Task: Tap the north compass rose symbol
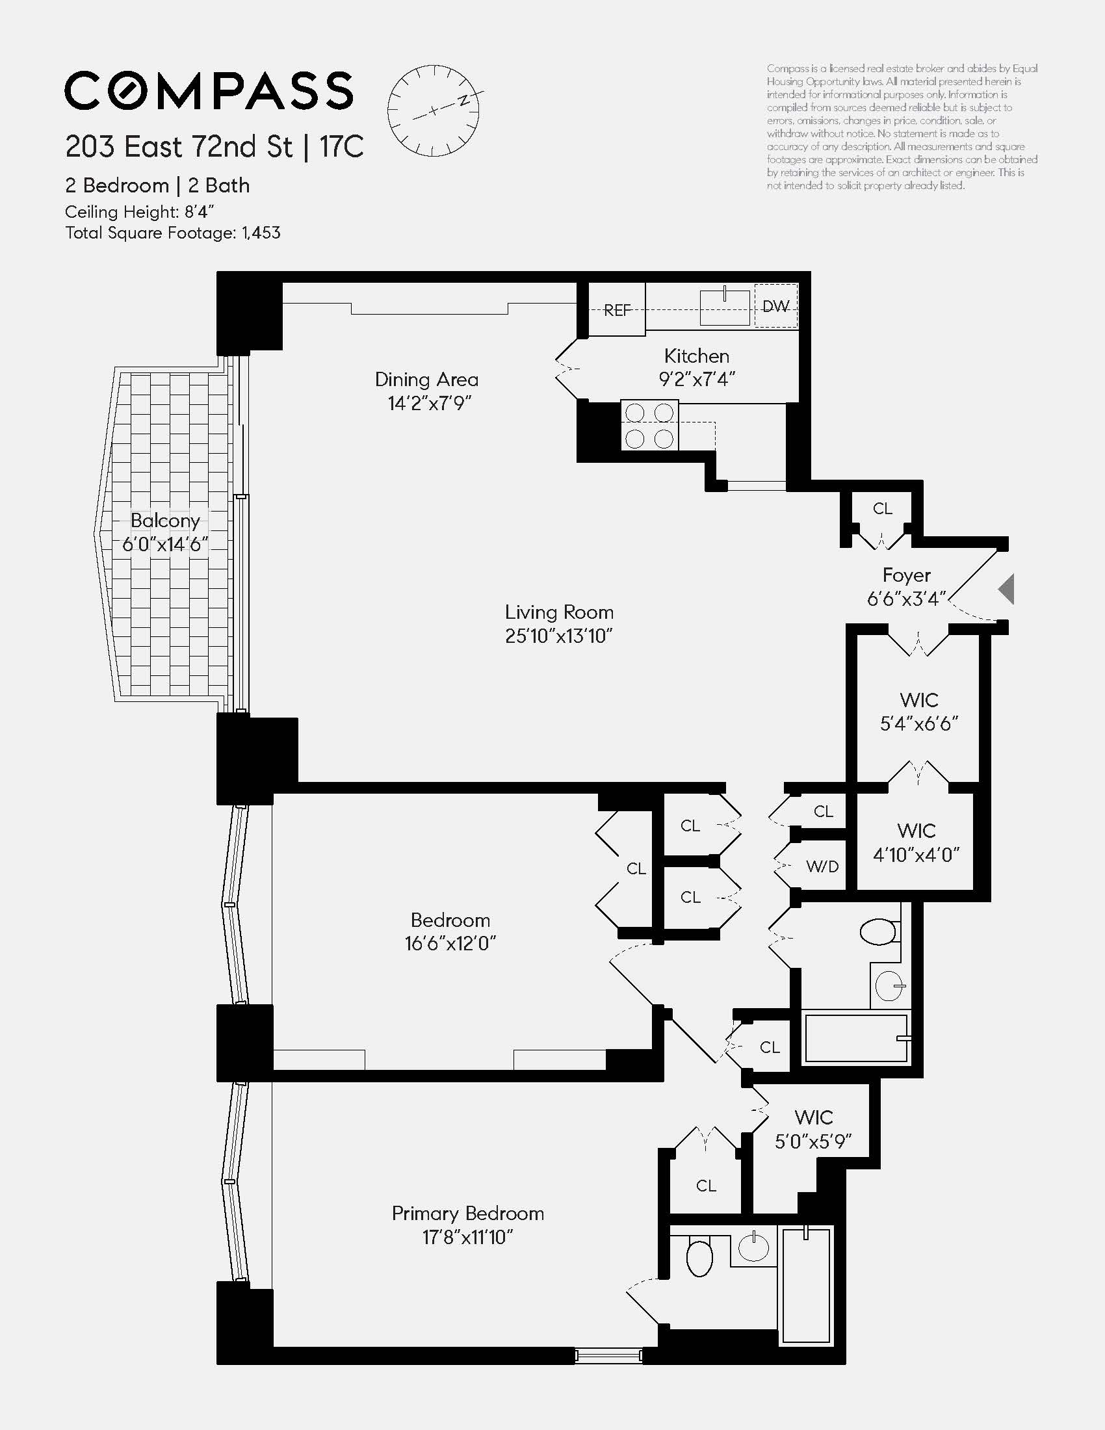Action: pyautogui.click(x=433, y=110)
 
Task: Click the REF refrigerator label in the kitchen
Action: pyautogui.click(x=617, y=309)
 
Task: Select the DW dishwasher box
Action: pyautogui.click(x=775, y=305)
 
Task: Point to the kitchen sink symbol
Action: pyautogui.click(x=724, y=306)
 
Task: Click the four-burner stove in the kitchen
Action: pyautogui.click(x=649, y=426)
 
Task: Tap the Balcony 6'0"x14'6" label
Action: pyautogui.click(x=165, y=532)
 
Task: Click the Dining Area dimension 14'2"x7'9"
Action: pyautogui.click(x=430, y=404)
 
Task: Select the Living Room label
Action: pyautogui.click(x=559, y=612)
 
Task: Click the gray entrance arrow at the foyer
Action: pyautogui.click(x=1007, y=590)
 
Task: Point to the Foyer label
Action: pyautogui.click(x=906, y=575)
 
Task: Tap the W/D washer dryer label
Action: pyautogui.click(x=822, y=867)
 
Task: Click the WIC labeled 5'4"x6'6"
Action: pyautogui.click(x=919, y=712)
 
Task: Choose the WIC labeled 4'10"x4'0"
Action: pyautogui.click(x=916, y=842)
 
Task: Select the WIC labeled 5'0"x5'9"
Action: pyautogui.click(x=813, y=1130)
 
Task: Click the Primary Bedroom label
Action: pyautogui.click(x=468, y=1214)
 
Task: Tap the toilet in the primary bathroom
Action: pyautogui.click(x=699, y=1256)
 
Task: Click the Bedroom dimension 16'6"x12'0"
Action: pyautogui.click(x=450, y=944)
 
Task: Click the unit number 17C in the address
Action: pyautogui.click(x=341, y=147)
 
